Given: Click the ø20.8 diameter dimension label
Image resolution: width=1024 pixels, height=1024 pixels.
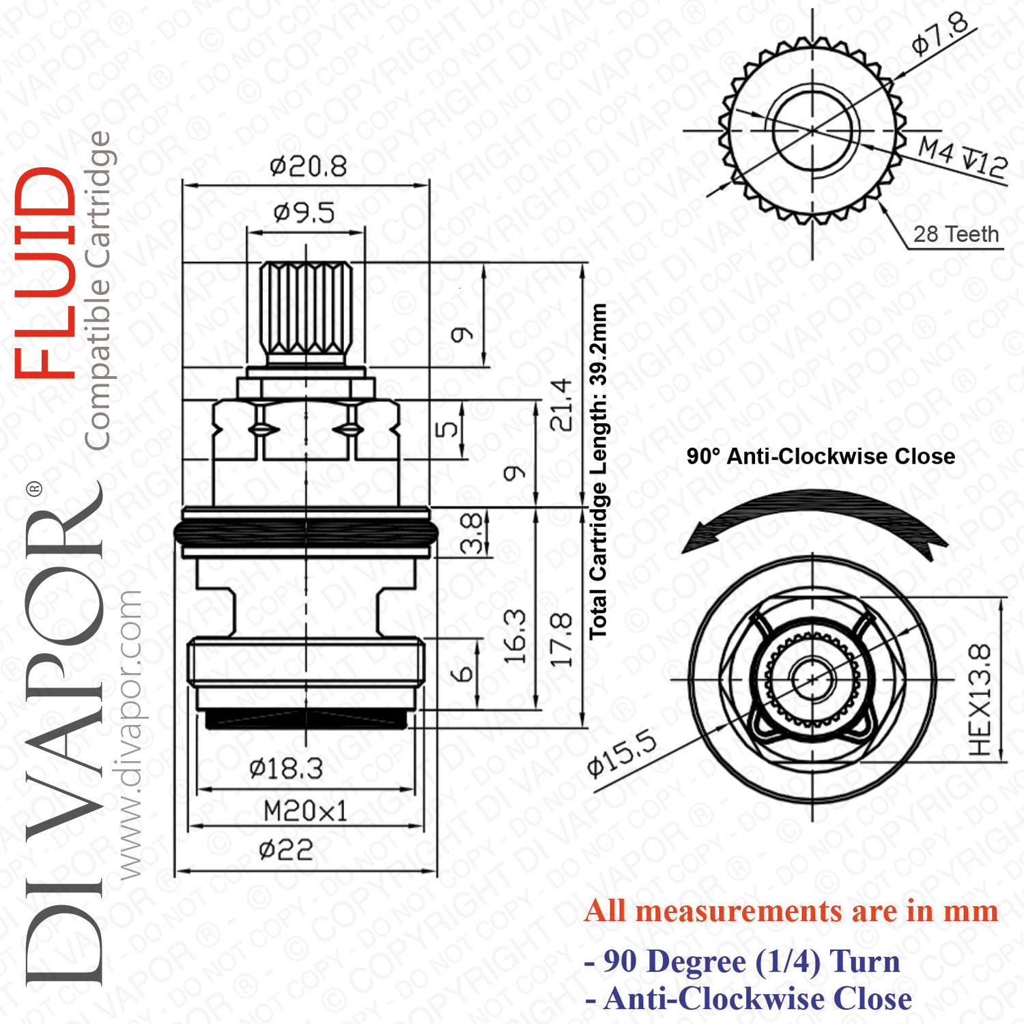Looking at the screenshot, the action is [309, 166].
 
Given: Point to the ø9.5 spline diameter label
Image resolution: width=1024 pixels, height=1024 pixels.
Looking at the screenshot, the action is [304, 213].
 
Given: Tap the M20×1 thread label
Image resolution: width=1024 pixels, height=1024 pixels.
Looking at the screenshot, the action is [306, 811].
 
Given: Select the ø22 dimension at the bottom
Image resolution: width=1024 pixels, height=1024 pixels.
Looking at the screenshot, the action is [286, 850].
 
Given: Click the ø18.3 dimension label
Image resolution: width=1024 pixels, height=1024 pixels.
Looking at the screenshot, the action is [286, 769].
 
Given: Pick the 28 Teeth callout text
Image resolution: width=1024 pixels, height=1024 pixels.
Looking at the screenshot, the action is [956, 234].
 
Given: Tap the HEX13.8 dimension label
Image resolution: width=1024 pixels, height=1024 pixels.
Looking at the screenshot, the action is [980, 700].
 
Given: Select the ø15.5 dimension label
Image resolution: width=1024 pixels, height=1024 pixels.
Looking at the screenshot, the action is [623, 753].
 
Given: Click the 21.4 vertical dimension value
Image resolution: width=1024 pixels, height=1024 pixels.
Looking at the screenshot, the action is [560, 404].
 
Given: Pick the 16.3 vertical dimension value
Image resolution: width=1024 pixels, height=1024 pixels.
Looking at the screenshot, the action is [515, 637].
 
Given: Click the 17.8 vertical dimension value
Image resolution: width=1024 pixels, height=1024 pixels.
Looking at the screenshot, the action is [560, 639].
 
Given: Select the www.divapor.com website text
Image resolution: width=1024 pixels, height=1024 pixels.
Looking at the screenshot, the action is [128, 735].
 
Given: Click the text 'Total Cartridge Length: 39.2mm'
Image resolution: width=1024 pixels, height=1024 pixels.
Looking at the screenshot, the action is [598, 471].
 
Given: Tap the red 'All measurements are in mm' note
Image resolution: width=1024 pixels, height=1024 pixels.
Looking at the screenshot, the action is [791, 911].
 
